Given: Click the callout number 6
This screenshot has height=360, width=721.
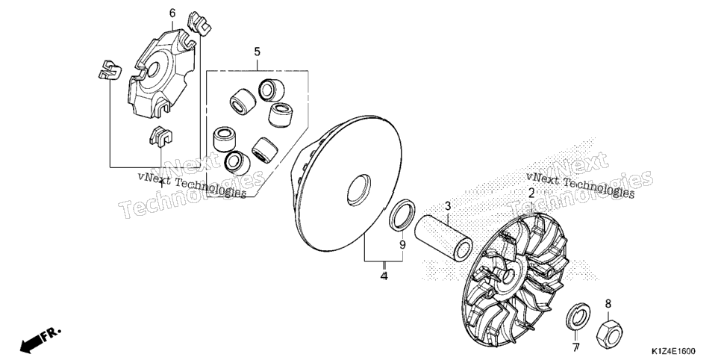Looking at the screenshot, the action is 172,13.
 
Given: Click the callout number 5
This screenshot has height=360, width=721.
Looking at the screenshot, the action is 257,52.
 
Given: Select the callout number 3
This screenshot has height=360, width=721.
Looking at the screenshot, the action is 448,207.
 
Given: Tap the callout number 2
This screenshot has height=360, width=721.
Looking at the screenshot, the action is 531,193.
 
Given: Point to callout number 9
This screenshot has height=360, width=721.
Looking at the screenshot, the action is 402,246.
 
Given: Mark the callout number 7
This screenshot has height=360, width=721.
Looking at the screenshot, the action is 575,347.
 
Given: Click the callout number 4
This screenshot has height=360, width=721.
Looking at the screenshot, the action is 384,276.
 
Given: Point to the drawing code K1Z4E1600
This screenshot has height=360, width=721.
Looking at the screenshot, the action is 672,351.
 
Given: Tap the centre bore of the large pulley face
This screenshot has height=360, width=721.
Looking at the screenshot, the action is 359,190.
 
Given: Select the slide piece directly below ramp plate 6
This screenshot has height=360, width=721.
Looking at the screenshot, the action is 160,136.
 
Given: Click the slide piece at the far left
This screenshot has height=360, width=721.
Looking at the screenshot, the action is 110,70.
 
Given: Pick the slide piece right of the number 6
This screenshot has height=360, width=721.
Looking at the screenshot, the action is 199,23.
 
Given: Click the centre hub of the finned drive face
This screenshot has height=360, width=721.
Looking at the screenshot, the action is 509,276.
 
